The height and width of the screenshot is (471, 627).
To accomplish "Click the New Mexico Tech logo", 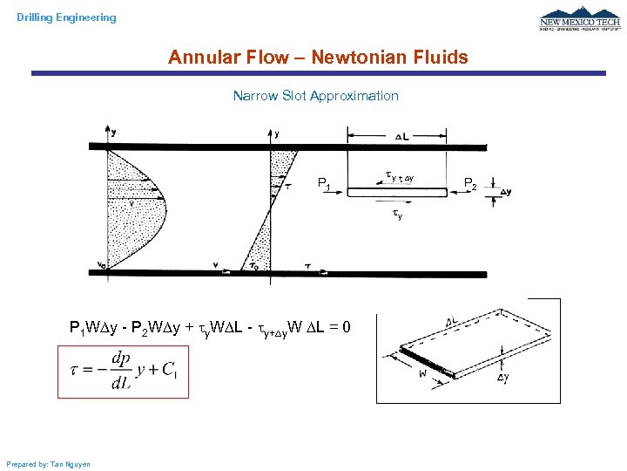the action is (x=579, y=20).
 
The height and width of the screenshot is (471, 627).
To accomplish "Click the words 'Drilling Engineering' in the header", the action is (x=66, y=17).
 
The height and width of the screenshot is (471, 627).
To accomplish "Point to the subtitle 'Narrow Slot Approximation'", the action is (x=315, y=96).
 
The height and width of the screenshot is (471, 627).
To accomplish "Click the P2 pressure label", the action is (x=470, y=183).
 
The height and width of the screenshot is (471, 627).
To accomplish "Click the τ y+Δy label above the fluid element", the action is (x=400, y=177).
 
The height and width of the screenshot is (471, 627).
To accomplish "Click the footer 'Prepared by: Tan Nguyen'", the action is (x=48, y=463).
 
